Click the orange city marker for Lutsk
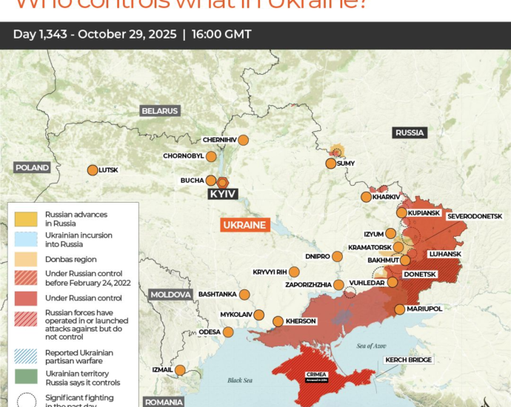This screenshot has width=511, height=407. pos(93,170)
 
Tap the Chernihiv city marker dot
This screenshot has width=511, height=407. pos(242,140)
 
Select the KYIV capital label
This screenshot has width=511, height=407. pos(222,193)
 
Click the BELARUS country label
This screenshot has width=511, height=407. pos(160,111)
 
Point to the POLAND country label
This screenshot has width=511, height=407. pos(32,168)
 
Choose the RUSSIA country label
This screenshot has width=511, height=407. pos(410,133)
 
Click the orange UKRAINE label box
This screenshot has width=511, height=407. pos(244,225)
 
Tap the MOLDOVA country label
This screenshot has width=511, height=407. pos(171,295)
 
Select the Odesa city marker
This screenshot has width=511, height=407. pos(228,332)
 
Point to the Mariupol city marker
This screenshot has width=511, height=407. pos(400,309)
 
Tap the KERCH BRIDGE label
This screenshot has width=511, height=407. pos(408,360)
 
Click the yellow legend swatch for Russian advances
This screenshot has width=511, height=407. pos(26,219)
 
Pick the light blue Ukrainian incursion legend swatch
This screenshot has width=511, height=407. pos(26,239)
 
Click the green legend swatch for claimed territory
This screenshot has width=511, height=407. pos(26,376)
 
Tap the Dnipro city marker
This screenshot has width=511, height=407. pos(338,257)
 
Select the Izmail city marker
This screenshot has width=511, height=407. pos(180,370)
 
